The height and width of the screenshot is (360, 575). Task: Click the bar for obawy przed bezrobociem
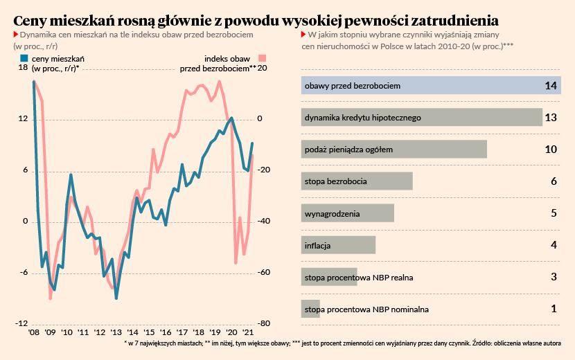[430, 86]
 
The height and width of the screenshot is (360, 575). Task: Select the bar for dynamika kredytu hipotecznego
[421, 118]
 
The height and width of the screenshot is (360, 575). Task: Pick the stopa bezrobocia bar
[357, 181]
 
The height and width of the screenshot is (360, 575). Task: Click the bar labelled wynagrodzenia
[347, 213]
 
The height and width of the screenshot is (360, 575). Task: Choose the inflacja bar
[338, 245]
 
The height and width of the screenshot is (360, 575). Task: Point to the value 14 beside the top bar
[551, 86]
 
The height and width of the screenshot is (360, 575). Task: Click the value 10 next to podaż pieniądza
[551, 150]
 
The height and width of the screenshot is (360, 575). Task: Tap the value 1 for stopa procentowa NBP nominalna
[554, 309]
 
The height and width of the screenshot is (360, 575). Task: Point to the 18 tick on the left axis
[23, 68]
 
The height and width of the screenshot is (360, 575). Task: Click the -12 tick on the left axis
[21, 324]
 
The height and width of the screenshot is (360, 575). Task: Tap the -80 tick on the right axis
[263, 324]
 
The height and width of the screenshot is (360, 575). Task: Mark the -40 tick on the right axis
[263, 222]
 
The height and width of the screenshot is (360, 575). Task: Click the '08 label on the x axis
[33, 333]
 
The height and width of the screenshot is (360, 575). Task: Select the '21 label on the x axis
[248, 333]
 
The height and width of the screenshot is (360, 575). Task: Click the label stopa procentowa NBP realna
[359, 278]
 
